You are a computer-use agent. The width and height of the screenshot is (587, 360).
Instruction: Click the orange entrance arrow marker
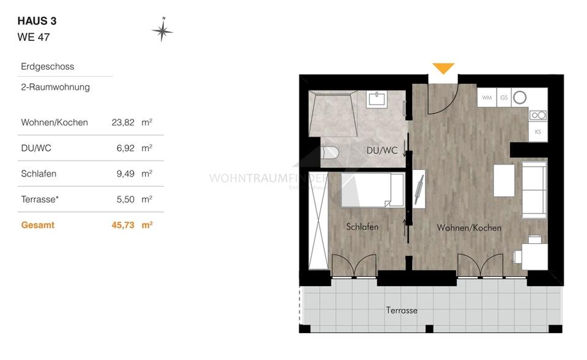[443, 68]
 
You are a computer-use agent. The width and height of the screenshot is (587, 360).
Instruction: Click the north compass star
[162, 31]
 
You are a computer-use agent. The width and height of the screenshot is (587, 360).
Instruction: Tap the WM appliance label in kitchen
[487, 97]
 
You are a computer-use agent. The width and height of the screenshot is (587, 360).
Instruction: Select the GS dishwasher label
[504, 97]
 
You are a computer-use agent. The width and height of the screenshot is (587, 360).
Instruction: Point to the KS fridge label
[537, 132]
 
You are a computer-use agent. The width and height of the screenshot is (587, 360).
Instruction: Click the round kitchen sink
[520, 97]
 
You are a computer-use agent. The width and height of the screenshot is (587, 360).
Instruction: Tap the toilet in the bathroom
[331, 155]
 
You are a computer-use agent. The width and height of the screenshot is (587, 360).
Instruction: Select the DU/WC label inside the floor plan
[382, 150]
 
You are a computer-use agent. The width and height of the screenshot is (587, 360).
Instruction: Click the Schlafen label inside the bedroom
[362, 227]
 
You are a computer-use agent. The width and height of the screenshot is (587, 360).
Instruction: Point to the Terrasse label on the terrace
[402, 310]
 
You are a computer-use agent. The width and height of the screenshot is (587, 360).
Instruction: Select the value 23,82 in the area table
[123, 122]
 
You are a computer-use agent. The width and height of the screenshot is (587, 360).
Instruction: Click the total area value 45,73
[123, 225]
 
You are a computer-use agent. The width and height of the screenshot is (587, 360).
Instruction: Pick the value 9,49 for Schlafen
[125, 174]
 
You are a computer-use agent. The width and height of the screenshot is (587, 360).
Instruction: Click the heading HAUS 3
[37, 21]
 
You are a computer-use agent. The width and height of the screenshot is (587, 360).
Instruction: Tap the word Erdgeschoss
[48, 67]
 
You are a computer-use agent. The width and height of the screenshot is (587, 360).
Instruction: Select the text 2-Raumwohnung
[55, 87]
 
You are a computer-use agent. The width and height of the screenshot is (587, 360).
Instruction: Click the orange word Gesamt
[38, 225]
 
